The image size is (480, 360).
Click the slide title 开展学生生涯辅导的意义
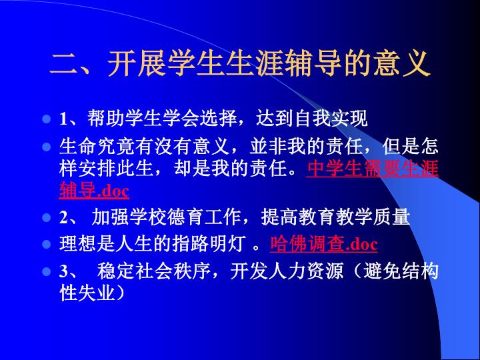click(268, 64)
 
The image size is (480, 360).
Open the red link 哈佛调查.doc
click(323, 244)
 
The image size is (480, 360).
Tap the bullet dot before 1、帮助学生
click(47, 119)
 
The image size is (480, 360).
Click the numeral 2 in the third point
click(64, 217)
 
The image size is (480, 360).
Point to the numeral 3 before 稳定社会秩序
click(64, 271)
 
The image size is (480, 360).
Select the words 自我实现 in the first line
click(331, 118)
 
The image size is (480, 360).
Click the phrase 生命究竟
click(97, 146)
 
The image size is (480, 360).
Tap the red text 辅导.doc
click(94, 191)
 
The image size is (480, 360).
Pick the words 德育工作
click(203, 217)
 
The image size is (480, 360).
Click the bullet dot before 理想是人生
click(47, 244)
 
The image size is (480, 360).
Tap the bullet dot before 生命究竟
click(47, 147)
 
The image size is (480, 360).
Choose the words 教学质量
click(373, 217)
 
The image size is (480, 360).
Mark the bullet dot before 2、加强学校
click(47, 217)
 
